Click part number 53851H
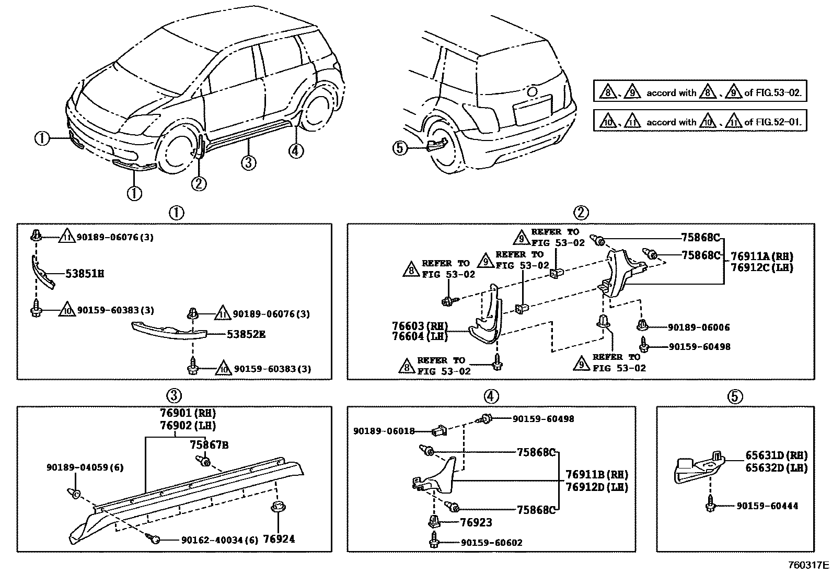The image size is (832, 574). pyautogui.click(x=84, y=273)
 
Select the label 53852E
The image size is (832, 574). pyautogui.click(x=246, y=334)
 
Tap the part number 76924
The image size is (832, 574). pyautogui.click(x=279, y=538)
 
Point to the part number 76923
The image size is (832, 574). pyautogui.click(x=476, y=522)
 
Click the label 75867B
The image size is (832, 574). pyautogui.click(x=209, y=445)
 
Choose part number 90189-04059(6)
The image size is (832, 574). pyautogui.click(x=85, y=467)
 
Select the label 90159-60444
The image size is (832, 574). pyautogui.click(x=767, y=506)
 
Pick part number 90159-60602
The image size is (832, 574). pyautogui.click(x=491, y=543)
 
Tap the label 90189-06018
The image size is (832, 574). pyautogui.click(x=384, y=431)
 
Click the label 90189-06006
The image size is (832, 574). pyautogui.click(x=699, y=327)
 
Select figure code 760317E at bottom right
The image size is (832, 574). pyautogui.click(x=808, y=565)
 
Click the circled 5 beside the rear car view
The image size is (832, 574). pyautogui.click(x=399, y=148)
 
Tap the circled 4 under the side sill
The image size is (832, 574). pyautogui.click(x=295, y=151)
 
